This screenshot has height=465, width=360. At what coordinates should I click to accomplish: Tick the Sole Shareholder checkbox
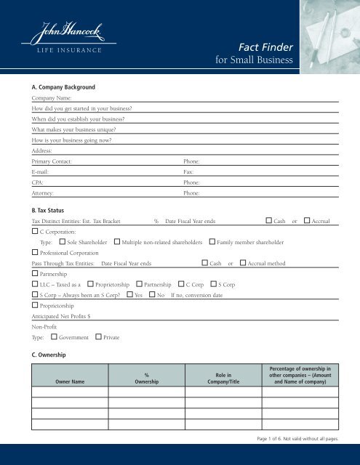tap(63, 240)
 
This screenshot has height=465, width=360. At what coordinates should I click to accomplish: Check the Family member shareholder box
tap(212, 240)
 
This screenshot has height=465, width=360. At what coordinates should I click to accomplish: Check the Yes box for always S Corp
tap(129, 295)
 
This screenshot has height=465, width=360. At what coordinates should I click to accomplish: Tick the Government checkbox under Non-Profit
tap(54, 337)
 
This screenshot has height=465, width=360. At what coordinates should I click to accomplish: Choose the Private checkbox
tap(99, 337)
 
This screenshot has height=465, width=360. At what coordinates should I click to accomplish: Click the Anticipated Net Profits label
tap(61, 316)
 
